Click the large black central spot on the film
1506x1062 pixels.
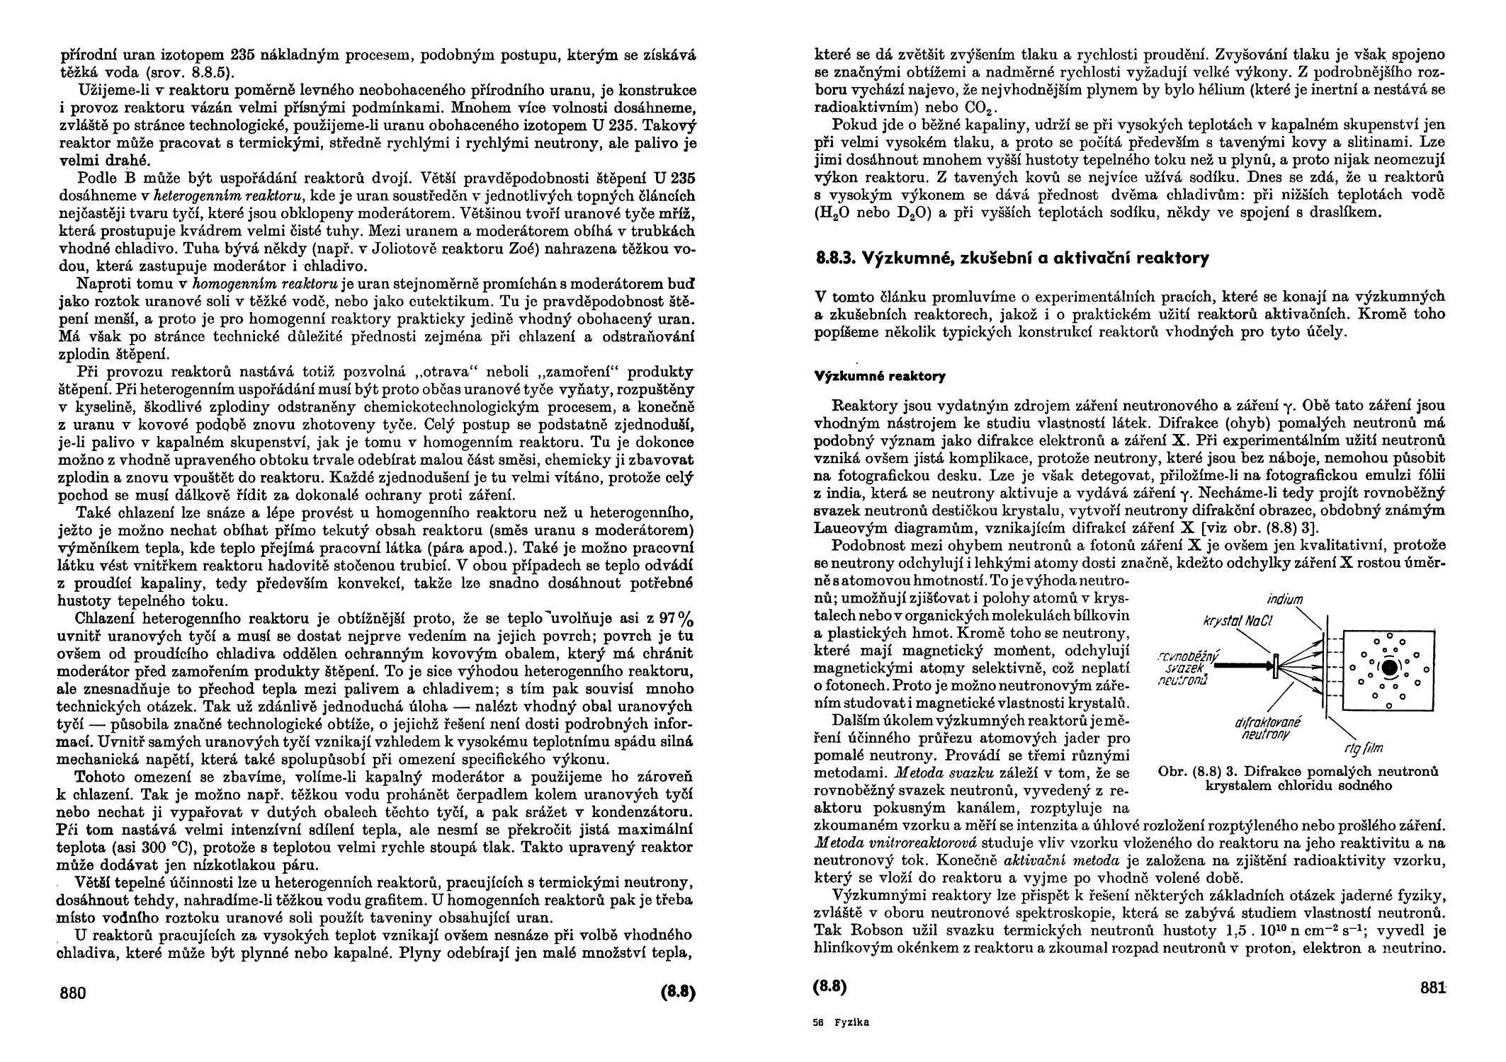pyautogui.click(x=1390, y=666)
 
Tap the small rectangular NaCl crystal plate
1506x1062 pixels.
pyautogui.click(x=1274, y=666)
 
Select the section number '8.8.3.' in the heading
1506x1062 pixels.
pyautogui.click(x=835, y=259)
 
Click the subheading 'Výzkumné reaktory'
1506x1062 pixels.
pyautogui.click(x=880, y=377)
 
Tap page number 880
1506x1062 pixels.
pyautogui.click(x=72, y=993)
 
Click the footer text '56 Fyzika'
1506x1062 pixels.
pyautogui.click(x=842, y=1022)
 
